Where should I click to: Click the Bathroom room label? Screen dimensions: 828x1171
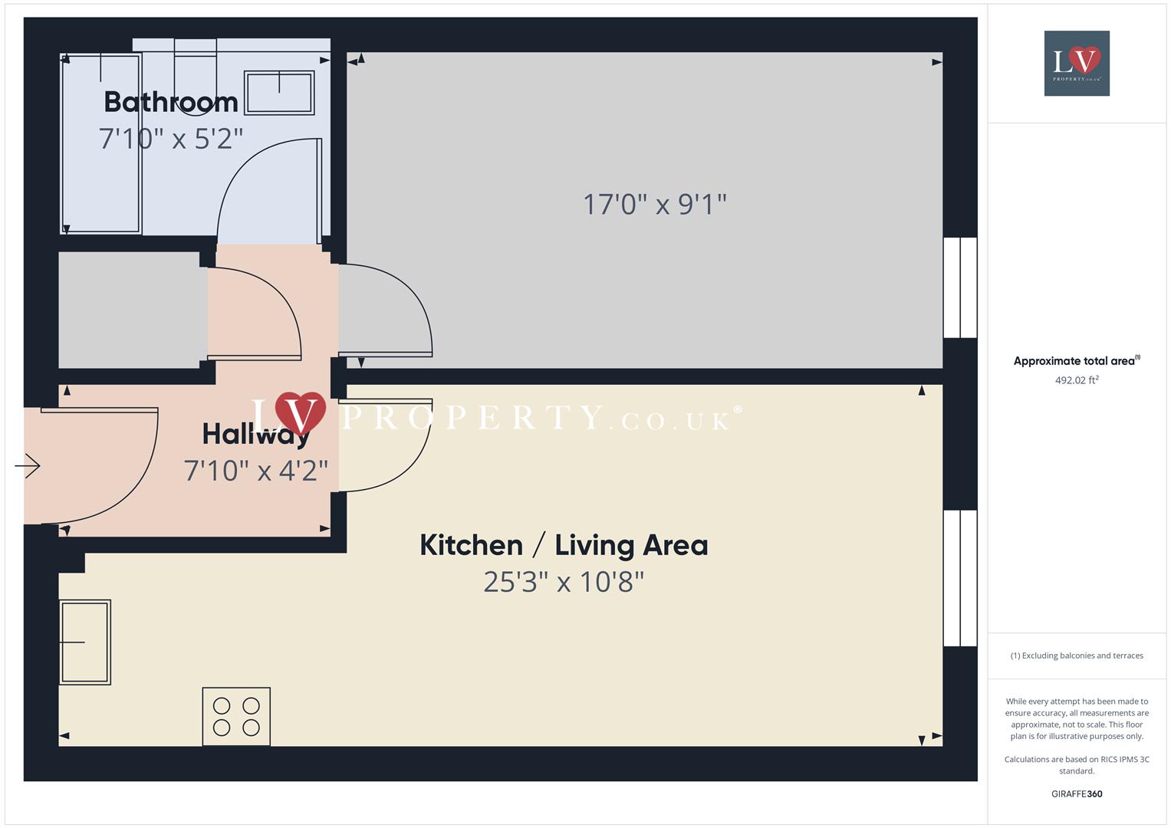click(170, 102)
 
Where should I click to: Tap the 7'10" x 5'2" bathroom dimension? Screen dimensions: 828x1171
click(170, 139)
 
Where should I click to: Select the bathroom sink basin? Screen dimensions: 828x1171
click(279, 93)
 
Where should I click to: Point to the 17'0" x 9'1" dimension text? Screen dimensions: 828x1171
click(654, 205)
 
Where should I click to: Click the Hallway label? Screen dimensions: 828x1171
click(255, 435)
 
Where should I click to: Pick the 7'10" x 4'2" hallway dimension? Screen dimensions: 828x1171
click(255, 471)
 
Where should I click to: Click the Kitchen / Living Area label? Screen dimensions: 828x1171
click(564, 545)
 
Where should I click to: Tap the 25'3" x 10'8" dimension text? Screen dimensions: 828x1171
click(564, 583)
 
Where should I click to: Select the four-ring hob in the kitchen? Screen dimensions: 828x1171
click(236, 716)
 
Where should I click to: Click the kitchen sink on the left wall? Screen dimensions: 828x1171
click(85, 642)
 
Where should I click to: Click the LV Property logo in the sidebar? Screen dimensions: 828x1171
click(1077, 64)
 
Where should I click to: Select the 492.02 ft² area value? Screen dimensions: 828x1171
click(1077, 380)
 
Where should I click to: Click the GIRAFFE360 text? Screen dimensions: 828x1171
click(1077, 794)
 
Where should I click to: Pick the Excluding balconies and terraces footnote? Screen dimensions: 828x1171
click(1077, 655)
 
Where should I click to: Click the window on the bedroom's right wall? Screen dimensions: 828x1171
click(959, 287)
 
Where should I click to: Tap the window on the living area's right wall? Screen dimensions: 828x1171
click(959, 578)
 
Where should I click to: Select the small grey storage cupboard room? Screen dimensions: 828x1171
click(130, 310)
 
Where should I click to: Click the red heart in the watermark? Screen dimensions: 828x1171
click(300, 412)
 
